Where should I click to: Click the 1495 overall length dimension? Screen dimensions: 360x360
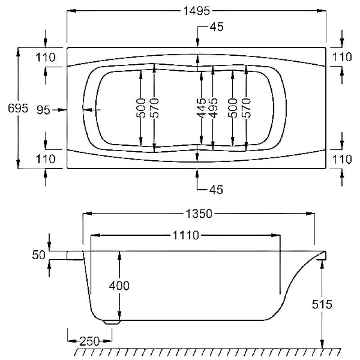pyautogui.click(x=197, y=11)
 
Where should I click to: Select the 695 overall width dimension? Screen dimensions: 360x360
pyautogui.click(x=18, y=108)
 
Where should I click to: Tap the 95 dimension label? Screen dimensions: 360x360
pyautogui.click(x=43, y=110)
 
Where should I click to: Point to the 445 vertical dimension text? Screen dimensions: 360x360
pyautogui.click(x=201, y=108)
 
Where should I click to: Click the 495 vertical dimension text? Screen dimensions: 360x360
pyautogui.click(x=213, y=108)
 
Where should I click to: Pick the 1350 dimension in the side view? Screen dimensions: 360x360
pyautogui.click(x=199, y=214)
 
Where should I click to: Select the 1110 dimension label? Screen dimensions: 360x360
pyautogui.click(x=186, y=235)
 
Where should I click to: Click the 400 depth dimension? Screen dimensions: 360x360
pyautogui.click(x=119, y=286)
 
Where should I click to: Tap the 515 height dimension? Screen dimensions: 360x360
pyautogui.click(x=322, y=305)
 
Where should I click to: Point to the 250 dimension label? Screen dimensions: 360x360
pyautogui.click(x=90, y=341)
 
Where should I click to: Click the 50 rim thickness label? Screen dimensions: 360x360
pyautogui.click(x=39, y=255)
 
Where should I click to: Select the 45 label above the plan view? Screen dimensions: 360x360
pyautogui.click(x=216, y=27)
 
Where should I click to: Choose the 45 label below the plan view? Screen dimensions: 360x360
pyautogui.click(x=216, y=189)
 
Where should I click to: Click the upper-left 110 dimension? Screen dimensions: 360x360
pyautogui.click(x=45, y=58)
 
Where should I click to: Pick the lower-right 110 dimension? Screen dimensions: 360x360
pyautogui.click(x=342, y=159)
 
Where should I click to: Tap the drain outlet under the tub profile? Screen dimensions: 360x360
pyautogui.click(x=112, y=322)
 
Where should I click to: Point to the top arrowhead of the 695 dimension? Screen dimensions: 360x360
pyautogui.click(x=18, y=52)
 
